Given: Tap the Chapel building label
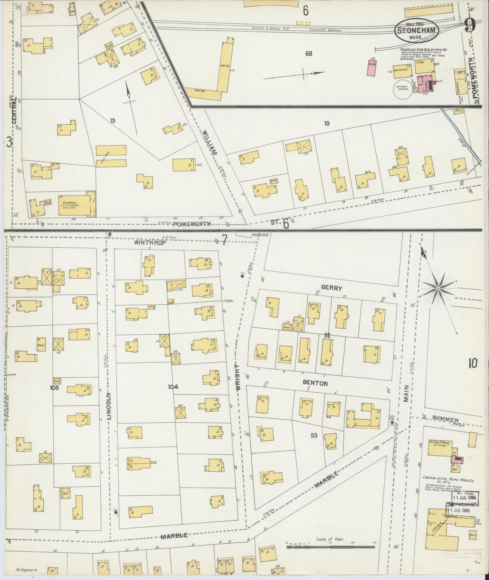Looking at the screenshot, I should click(69, 203).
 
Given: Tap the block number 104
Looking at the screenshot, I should click(172, 387).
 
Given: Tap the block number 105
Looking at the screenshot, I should click(55, 387).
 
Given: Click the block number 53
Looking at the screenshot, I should click(314, 436).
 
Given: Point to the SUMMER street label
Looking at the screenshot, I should click(445, 420).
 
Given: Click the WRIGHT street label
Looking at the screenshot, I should click(238, 377).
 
